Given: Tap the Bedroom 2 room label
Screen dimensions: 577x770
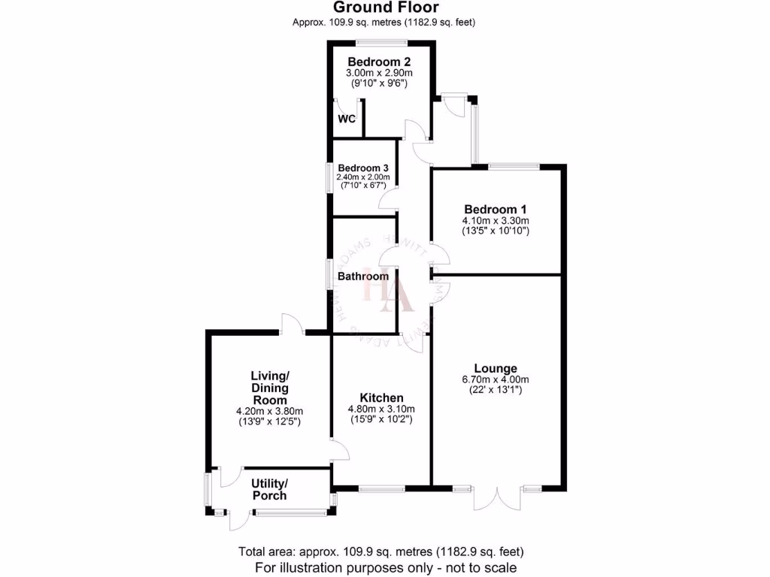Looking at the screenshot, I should click(379, 62).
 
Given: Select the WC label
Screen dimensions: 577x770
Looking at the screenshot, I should click(346, 119).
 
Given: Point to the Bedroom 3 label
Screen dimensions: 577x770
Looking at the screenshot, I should click(363, 168).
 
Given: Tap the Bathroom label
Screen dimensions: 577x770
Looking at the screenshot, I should click(362, 276).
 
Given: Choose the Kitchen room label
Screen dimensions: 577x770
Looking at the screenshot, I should click(381, 397).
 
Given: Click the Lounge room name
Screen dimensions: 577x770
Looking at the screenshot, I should click(495, 368).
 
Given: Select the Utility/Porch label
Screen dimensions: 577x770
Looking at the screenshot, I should click(269, 489).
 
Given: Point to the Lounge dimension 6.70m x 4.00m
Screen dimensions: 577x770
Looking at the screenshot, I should click(496, 379).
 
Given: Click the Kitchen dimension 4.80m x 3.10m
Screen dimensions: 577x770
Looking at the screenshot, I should click(381, 409).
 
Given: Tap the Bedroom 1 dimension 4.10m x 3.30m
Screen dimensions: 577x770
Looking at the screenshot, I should click(496, 221).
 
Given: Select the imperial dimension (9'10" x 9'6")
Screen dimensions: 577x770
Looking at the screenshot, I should click(379, 83).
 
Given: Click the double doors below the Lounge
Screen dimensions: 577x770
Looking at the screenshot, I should click(497, 498).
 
